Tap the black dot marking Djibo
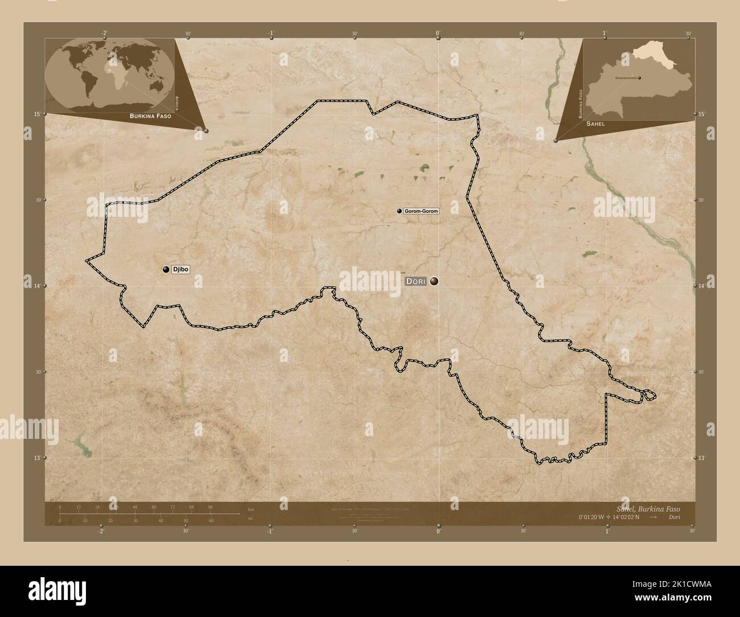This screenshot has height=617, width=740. click(x=166, y=270)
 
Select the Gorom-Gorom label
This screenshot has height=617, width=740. click(x=421, y=211)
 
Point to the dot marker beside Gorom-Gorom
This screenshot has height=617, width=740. click(x=400, y=211)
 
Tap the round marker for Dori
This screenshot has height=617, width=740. click(x=434, y=281)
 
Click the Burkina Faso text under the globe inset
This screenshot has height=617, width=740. click(x=150, y=116)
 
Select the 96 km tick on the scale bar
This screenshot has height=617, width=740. click(x=210, y=507)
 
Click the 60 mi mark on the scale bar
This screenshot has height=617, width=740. click(x=211, y=520)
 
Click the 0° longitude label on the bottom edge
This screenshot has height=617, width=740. click(x=438, y=531)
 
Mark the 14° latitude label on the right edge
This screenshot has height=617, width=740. click(x=702, y=285)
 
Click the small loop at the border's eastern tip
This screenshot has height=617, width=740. click(x=649, y=394)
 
